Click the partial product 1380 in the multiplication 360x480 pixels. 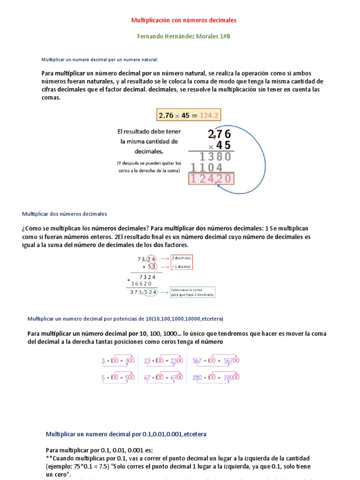215,157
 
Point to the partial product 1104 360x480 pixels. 206,167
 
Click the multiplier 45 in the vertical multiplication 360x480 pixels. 223,145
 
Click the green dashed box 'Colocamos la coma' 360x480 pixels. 192,292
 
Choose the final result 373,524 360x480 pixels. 144,292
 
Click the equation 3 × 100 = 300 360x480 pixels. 118,361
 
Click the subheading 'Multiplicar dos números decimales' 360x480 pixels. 65,214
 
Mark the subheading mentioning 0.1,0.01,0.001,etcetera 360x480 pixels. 126,434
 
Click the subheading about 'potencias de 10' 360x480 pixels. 125,319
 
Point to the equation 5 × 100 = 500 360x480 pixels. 118,377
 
